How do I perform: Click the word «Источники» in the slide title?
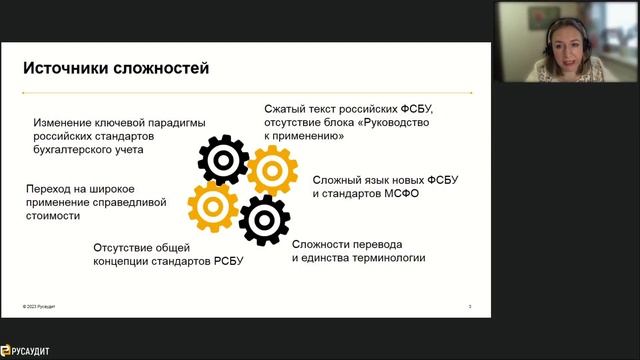(67, 69)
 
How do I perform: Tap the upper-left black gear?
(223, 160)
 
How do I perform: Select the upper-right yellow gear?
(271, 169)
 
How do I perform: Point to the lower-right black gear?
(265, 219)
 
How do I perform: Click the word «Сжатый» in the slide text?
(286, 108)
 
